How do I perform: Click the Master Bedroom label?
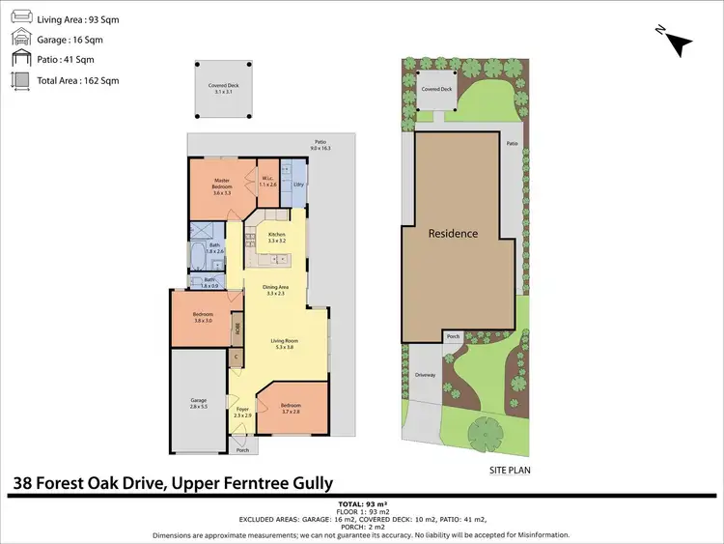(221, 184)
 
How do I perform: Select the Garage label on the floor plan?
(199, 401)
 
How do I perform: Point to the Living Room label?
(283, 343)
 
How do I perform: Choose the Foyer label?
(242, 412)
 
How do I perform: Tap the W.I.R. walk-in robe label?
(269, 181)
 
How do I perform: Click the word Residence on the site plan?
(453, 234)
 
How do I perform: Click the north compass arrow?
(678, 42)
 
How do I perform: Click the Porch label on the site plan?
(452, 337)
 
